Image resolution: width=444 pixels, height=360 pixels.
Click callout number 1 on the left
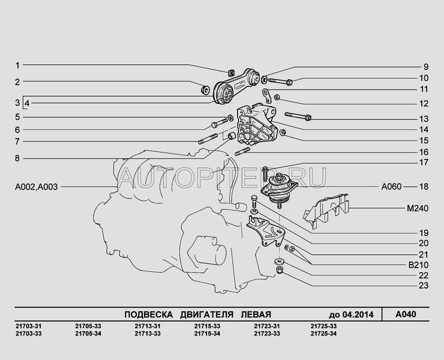[x=17, y=66]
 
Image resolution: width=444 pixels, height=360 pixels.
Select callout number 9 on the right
[x=426, y=67]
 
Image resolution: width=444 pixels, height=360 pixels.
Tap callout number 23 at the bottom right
[x=424, y=286]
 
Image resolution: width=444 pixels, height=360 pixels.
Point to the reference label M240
[x=418, y=208]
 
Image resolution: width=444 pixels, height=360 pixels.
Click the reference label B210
[x=419, y=265]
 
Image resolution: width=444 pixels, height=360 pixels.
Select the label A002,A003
[x=36, y=187]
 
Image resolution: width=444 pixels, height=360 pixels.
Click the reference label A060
[x=391, y=187]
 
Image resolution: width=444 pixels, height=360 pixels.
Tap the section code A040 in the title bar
[x=406, y=314]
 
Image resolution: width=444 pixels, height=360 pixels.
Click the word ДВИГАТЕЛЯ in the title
[x=207, y=314]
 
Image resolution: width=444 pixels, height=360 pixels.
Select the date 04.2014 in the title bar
[x=358, y=314]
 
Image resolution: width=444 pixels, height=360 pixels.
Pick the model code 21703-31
[x=29, y=326]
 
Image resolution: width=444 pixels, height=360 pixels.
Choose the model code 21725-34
[x=323, y=334]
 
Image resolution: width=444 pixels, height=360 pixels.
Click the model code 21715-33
[x=207, y=326]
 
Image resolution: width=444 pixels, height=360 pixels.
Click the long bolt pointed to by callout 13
[x=298, y=116]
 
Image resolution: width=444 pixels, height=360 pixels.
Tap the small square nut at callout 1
[x=231, y=73]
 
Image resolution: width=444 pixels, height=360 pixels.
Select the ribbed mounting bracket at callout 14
[x=257, y=124]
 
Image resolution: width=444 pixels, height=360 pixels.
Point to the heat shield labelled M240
[x=326, y=210]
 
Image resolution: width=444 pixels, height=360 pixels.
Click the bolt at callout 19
[x=254, y=202]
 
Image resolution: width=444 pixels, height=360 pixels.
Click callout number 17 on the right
[x=424, y=163]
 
